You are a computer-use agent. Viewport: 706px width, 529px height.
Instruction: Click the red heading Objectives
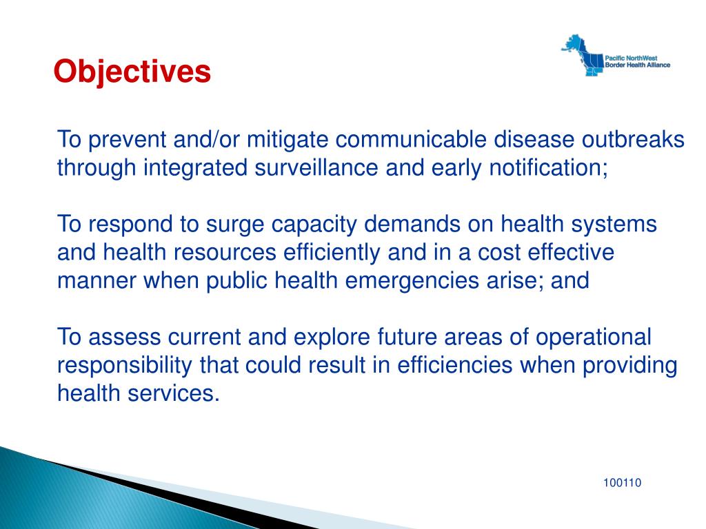(132, 72)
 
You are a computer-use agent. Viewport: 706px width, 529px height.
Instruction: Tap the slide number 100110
(623, 483)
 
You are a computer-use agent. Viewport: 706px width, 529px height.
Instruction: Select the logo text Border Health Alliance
(637, 65)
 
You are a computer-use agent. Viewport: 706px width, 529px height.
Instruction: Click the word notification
(548, 167)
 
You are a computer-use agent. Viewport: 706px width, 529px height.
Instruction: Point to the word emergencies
(412, 281)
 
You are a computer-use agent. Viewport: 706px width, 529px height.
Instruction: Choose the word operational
(593, 337)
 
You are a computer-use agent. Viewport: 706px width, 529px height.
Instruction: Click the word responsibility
(125, 365)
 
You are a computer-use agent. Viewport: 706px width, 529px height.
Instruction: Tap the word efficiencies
(455, 365)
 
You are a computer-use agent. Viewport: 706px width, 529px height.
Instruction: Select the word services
(174, 393)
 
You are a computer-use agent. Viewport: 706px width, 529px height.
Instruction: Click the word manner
(97, 281)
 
